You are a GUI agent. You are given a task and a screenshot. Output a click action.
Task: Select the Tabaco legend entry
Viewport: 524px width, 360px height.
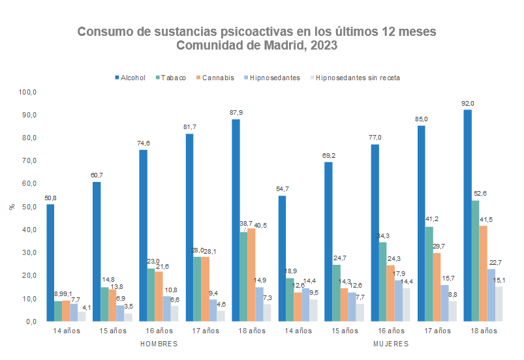click(173, 78)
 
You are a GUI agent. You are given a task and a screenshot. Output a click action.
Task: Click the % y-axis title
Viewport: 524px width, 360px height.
click(11, 207)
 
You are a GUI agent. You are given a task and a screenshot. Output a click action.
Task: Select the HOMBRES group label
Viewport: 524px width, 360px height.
click(159, 344)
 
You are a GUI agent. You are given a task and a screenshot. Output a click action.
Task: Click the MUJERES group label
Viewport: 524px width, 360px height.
click(391, 344)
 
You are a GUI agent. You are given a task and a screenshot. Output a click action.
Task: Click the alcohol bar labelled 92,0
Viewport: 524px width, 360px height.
click(467, 215)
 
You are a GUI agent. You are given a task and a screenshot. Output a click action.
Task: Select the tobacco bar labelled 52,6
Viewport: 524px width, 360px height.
click(475, 261)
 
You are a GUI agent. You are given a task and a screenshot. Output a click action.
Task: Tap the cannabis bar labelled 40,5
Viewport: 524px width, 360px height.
click(251, 275)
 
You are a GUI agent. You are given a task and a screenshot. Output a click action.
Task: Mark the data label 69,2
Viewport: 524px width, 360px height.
click(328, 155)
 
